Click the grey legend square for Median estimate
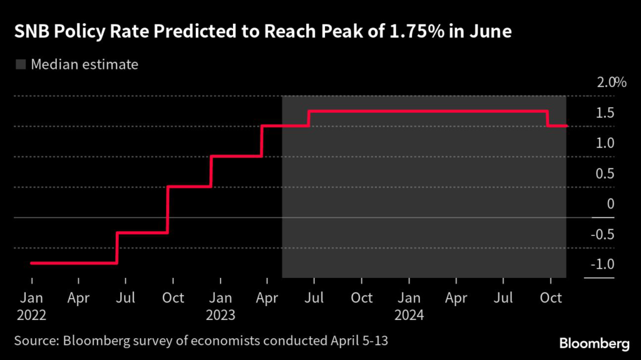(20, 64)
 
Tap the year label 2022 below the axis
(31, 315)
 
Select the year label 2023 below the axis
(220, 315)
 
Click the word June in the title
(488, 32)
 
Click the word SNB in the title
(31, 32)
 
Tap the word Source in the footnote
(35, 341)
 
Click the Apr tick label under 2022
(78, 297)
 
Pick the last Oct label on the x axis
(551, 297)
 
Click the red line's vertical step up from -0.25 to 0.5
(167, 209)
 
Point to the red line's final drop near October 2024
(548, 118)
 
